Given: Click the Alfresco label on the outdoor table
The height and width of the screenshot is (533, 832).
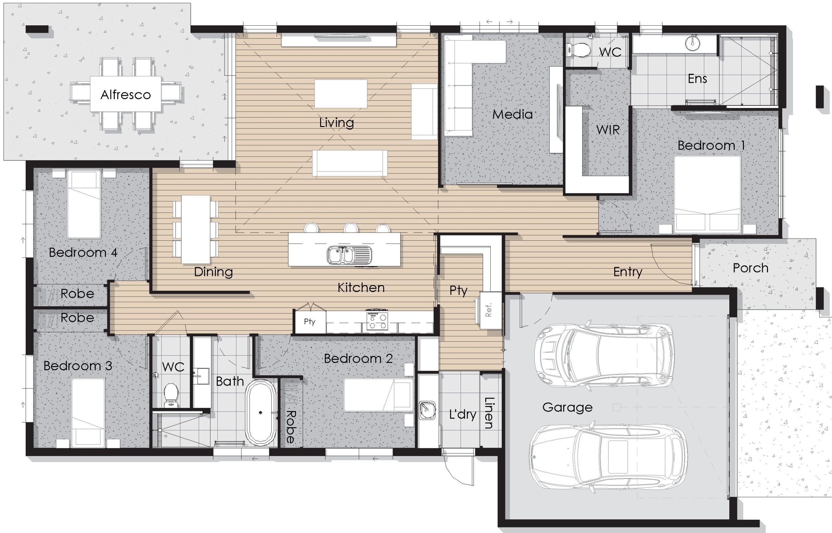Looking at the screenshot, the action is (126, 95).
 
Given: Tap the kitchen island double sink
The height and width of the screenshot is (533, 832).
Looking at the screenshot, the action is (349, 255).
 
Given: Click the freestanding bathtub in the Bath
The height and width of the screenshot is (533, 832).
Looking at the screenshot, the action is (261, 412).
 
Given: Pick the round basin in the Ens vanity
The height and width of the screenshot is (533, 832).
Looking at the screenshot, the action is (693, 43).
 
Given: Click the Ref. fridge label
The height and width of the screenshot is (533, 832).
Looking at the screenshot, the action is (488, 310).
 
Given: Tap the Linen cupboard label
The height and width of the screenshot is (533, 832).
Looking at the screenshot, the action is (489, 412).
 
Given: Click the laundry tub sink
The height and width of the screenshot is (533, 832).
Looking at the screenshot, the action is (427, 410).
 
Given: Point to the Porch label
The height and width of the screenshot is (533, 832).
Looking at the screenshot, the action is (751, 268).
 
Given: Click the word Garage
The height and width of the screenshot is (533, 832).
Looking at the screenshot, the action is (567, 407).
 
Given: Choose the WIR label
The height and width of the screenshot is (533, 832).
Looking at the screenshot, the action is (608, 130).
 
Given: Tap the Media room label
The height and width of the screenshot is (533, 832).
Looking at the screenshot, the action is (513, 114).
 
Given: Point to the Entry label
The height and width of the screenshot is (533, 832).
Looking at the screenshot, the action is (628, 272).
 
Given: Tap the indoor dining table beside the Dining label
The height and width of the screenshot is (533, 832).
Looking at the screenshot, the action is (196, 229).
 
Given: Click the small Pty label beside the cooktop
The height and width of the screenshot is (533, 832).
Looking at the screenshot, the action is (309, 322).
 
